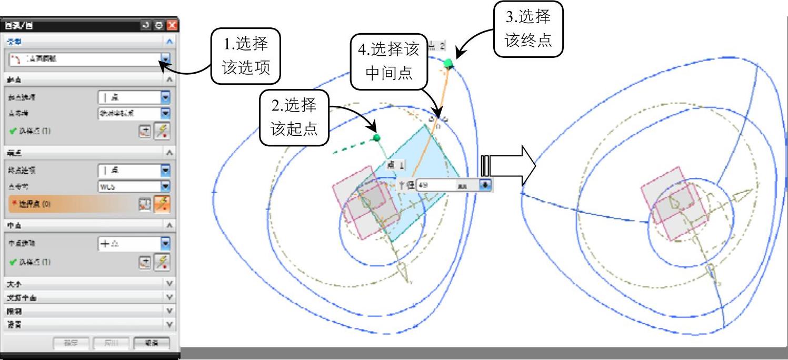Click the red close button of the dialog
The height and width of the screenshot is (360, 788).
[x=172, y=25]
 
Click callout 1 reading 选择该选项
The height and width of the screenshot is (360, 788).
[x=245, y=56]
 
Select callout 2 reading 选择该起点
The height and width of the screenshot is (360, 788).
[x=294, y=117]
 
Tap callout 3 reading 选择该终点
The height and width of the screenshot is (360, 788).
[x=528, y=28]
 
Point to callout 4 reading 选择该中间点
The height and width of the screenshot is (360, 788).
[x=388, y=61]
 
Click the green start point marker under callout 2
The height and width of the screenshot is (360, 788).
[x=376, y=138]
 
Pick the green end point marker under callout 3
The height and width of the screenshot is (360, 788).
[x=448, y=64]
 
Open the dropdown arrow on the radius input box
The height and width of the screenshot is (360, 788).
[x=485, y=185]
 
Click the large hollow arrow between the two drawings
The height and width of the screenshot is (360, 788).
[x=508, y=166]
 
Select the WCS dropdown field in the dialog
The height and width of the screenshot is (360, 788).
[x=129, y=186]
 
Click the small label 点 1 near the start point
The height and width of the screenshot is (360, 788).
[x=395, y=165]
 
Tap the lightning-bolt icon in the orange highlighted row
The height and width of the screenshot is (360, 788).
[x=162, y=204]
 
